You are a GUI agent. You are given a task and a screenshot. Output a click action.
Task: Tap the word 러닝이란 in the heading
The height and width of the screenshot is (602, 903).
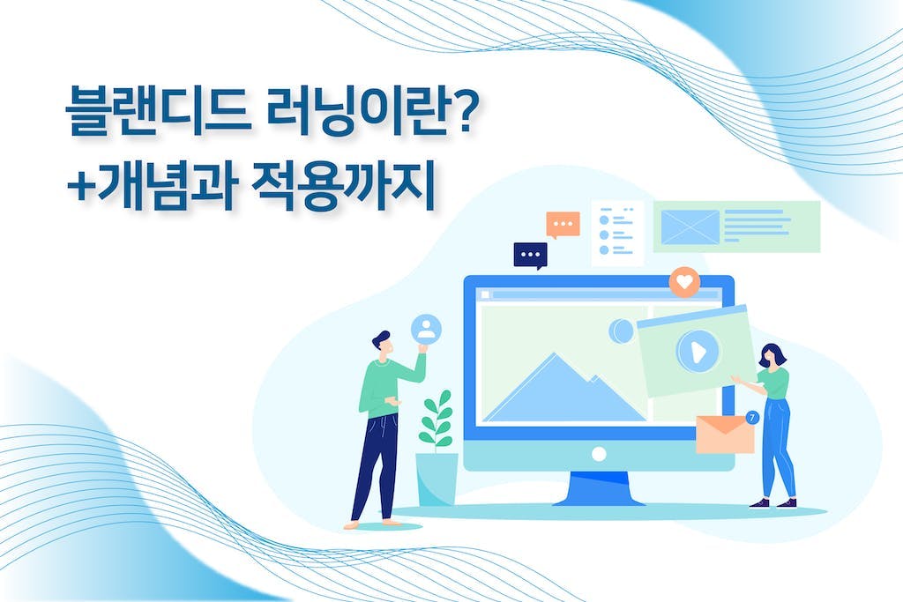point(357,110)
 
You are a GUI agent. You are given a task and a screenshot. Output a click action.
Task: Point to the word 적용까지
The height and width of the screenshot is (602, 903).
point(343,187)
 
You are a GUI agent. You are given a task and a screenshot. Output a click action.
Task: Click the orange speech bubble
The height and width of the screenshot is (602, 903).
point(563,225)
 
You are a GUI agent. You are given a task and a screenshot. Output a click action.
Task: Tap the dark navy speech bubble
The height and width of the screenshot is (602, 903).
point(530,256)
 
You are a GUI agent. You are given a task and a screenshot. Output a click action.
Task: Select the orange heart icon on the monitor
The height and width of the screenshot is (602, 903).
point(684,282)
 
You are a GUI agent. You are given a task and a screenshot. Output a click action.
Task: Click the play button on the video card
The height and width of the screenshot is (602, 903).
point(698,350)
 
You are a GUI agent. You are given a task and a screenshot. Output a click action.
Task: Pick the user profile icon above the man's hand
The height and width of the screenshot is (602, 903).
point(426,330)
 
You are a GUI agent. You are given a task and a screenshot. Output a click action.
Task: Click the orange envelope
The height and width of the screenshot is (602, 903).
point(725,434)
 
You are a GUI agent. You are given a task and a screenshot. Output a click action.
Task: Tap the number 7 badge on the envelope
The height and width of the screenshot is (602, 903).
point(752,418)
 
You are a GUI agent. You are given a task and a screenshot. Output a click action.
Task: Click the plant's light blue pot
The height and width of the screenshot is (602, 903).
point(437,479)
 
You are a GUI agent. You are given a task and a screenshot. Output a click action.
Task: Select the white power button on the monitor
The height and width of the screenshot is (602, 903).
point(599,454)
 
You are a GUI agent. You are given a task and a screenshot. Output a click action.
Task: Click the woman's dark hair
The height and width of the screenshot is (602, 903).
point(772,354)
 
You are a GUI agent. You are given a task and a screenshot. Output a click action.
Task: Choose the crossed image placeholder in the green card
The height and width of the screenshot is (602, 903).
point(690,227)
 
